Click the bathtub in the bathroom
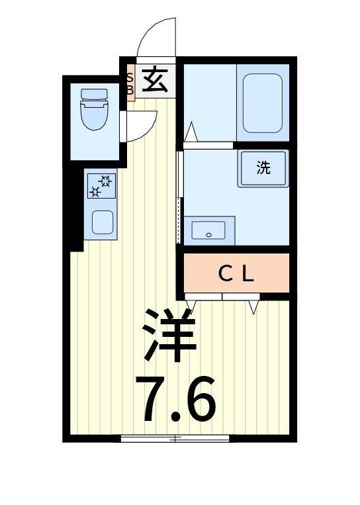(x=263, y=103)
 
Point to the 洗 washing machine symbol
(x=263, y=167)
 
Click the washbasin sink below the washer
(x=208, y=230)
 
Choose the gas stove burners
(x=101, y=185)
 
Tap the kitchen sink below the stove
(x=102, y=222)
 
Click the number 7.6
(x=175, y=399)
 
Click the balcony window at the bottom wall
(x=175, y=437)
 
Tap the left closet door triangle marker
(x=191, y=304)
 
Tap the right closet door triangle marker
(x=253, y=306)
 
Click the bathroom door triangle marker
(x=191, y=132)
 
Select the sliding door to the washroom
(x=179, y=197)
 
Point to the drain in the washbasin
(x=208, y=234)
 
